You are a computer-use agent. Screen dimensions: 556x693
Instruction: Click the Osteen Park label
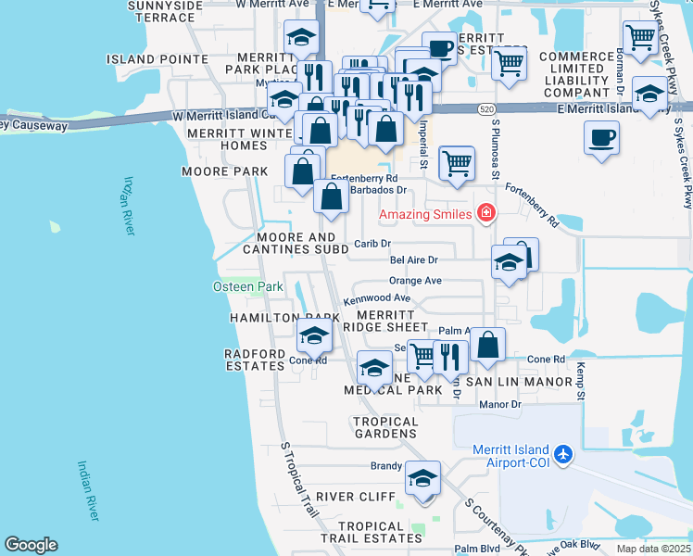coord(248,286)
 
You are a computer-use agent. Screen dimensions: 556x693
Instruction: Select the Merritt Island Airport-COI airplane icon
coord(564,456)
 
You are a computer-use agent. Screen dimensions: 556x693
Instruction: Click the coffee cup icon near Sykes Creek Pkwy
coord(601,138)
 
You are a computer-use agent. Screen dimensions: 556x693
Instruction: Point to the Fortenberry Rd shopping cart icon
coord(456,163)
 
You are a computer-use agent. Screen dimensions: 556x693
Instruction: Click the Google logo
coord(31,545)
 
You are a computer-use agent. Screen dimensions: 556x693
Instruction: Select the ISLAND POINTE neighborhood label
coord(157,58)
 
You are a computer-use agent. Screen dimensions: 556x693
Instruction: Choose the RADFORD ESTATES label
coord(255,360)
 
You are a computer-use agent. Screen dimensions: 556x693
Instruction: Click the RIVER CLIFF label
coord(356,497)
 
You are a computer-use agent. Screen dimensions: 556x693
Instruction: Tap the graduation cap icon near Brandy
coord(423,478)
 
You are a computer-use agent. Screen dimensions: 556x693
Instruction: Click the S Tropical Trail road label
coord(300,478)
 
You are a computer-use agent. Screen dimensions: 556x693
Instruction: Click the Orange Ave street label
coord(415,280)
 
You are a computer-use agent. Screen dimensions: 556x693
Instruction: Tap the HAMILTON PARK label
coord(266,318)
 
